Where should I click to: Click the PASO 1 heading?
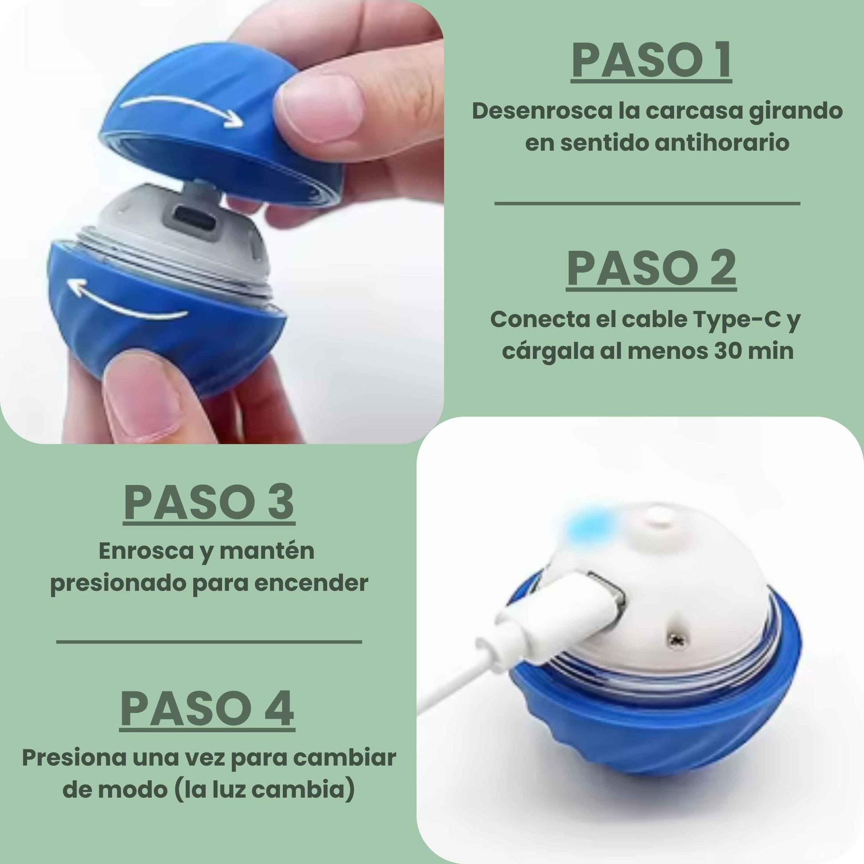pyautogui.click(x=651, y=61)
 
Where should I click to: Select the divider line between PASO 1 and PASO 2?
pyautogui.click(x=647, y=203)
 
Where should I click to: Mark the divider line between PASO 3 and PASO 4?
pyautogui.click(x=209, y=642)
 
